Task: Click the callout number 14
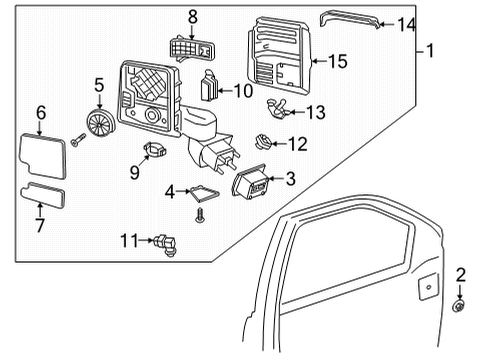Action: tap(407, 25)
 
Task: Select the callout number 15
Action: tap(338, 61)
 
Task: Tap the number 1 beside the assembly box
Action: tap(430, 51)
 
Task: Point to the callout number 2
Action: tap(461, 275)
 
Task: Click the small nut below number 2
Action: tap(459, 306)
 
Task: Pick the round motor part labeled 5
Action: tap(101, 123)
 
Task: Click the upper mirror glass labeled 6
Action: tap(42, 156)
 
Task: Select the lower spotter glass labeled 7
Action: tap(43, 195)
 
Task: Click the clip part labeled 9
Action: tap(154, 149)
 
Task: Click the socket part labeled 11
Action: tap(166, 245)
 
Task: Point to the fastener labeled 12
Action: tap(263, 142)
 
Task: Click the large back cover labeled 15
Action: tap(280, 56)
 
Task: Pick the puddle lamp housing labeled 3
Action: tap(250, 182)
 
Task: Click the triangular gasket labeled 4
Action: tap(204, 193)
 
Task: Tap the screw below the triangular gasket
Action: tap(200, 215)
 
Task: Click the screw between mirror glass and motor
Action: tap(79, 140)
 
